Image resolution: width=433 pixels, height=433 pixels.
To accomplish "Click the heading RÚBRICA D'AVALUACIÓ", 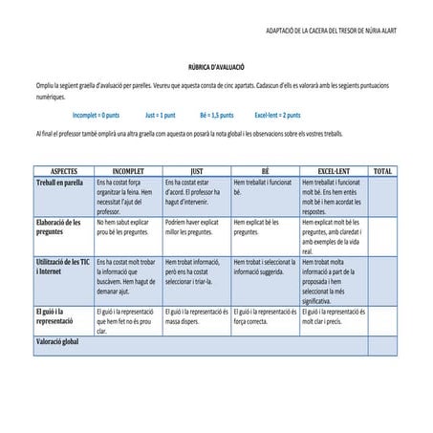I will (216, 69).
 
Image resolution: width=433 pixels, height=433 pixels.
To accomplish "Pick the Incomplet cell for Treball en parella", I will (128, 196).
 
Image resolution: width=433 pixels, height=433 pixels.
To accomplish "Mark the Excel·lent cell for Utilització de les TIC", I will (333, 280).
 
